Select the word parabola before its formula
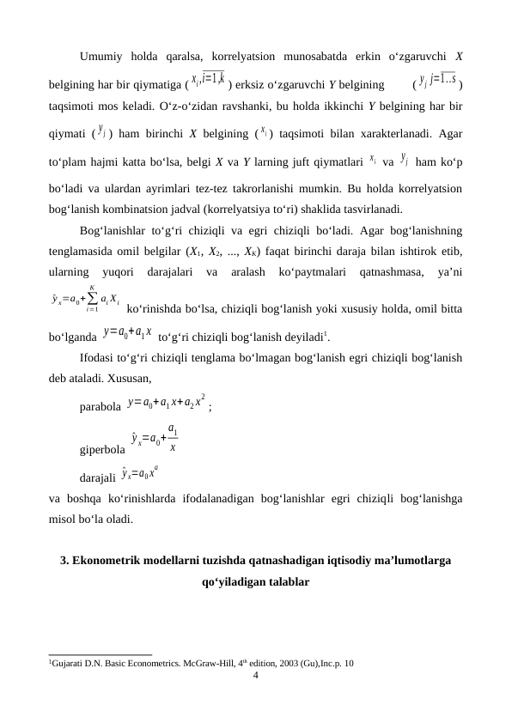coord(100,406)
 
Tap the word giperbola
coord(102,447)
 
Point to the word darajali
coord(98,477)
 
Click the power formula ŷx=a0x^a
coord(139,473)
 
